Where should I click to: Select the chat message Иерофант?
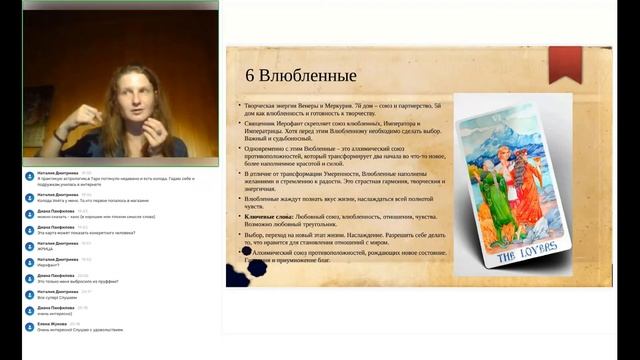coord(51,264)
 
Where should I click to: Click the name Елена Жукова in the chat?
coord(52,322)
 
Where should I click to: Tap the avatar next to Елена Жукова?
coord(29,325)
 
